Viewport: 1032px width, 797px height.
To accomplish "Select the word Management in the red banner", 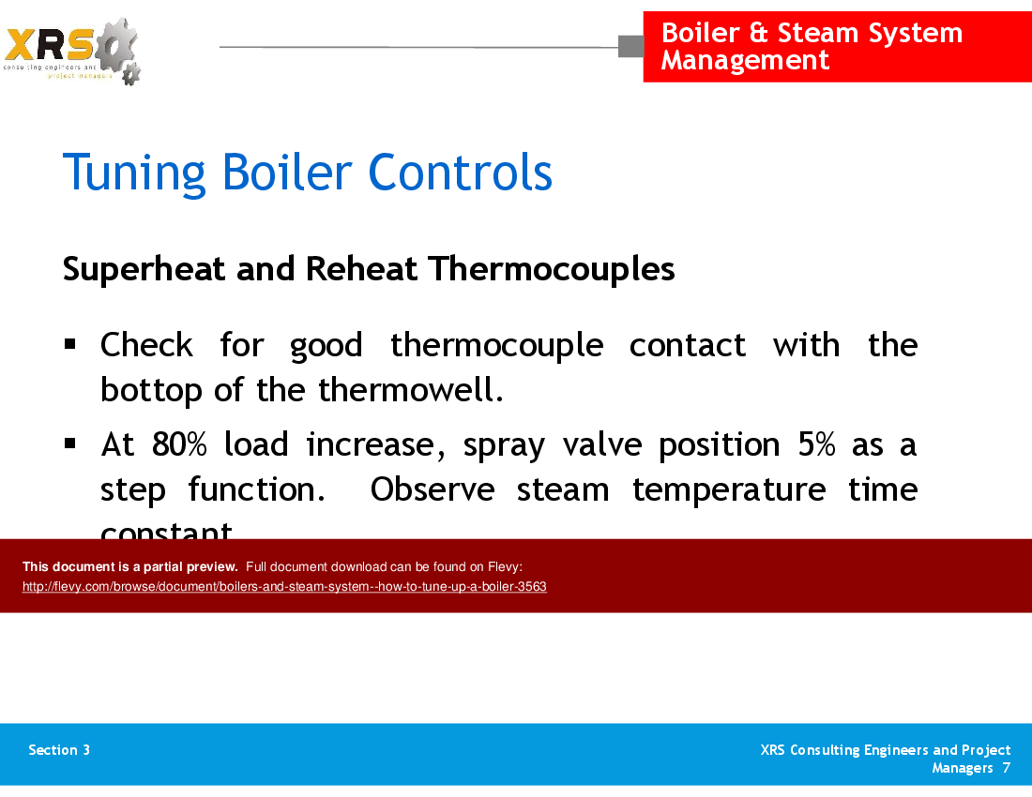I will (x=745, y=60).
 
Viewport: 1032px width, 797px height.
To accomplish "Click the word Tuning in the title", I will (x=134, y=173).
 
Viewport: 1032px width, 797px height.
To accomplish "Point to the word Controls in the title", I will (x=460, y=173).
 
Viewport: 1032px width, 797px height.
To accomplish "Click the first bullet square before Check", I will (x=70, y=344).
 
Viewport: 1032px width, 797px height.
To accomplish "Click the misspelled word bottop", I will (x=152, y=390).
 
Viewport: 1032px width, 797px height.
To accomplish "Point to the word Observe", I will (x=433, y=489).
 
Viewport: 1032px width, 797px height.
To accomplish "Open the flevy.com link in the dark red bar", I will (x=284, y=587).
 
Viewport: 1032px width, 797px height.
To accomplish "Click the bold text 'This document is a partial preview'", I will (x=129, y=566).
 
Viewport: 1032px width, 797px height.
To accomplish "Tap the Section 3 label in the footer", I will (x=59, y=750).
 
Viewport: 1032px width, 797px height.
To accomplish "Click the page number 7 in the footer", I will (x=1006, y=768).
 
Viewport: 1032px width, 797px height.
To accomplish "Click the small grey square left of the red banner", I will (x=630, y=46).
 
